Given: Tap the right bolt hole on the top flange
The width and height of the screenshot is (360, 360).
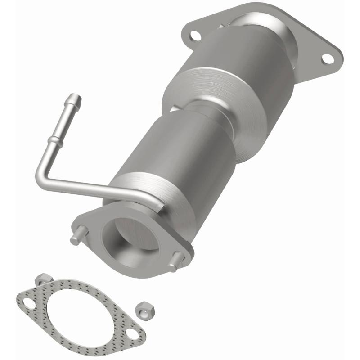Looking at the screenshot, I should [x=328, y=58].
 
